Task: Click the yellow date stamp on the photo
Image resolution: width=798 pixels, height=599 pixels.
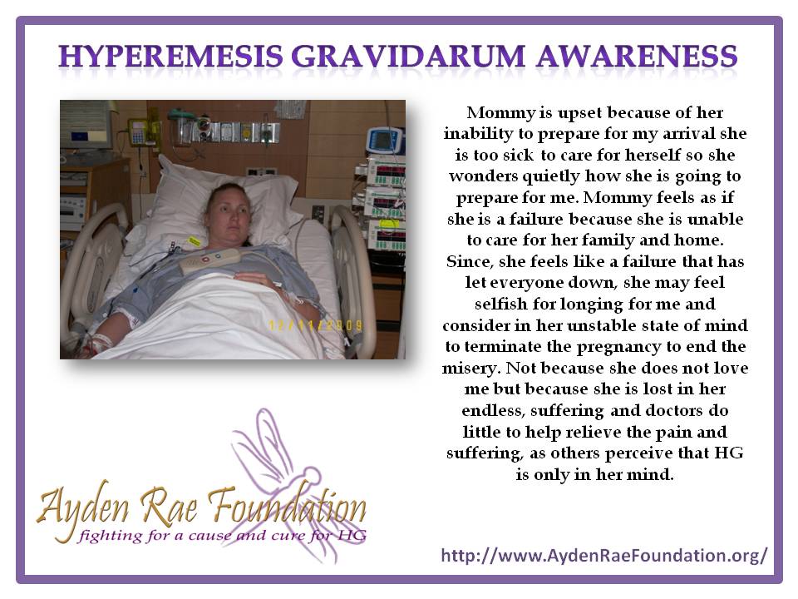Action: (315, 327)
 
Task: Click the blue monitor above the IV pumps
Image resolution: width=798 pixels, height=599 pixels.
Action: (384, 139)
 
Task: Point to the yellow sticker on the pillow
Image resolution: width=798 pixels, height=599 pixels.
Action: (194, 241)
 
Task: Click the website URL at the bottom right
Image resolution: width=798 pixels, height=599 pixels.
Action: (603, 555)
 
